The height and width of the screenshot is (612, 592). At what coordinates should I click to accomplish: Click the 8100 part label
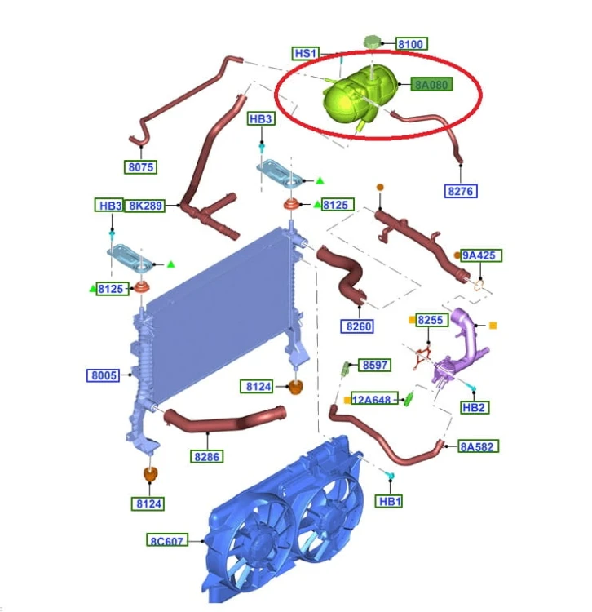412,44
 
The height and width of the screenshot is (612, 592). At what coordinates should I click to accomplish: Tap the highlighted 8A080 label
431,84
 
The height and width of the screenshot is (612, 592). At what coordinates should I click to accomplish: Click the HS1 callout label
306,53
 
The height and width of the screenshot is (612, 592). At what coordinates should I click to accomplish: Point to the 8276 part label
461,191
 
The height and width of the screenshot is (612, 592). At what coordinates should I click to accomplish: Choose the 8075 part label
141,167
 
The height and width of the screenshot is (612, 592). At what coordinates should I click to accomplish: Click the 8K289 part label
145,206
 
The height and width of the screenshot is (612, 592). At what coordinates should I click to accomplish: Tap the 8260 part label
358,326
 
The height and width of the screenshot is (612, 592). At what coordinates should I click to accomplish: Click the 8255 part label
431,320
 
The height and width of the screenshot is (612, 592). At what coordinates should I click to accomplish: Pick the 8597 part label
375,365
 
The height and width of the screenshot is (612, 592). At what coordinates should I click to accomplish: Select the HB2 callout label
474,407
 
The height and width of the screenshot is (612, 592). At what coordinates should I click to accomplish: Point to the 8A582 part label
478,446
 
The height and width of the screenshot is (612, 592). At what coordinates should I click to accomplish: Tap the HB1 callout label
389,501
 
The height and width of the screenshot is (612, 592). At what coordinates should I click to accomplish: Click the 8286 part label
206,456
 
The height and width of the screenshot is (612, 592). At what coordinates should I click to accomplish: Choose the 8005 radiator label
103,375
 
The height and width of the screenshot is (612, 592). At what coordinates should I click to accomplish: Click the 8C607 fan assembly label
167,540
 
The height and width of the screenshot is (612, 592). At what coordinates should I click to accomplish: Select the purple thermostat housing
460,349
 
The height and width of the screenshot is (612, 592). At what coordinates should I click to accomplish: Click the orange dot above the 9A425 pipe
380,187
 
